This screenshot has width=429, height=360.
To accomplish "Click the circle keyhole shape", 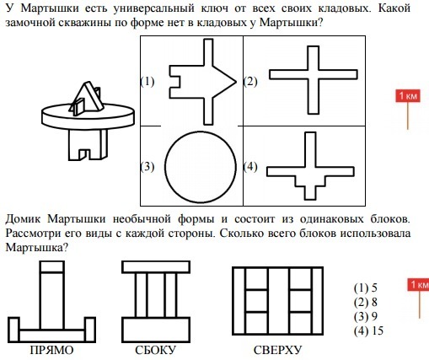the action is click(x=165, y=167).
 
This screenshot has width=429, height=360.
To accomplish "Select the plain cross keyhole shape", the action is click(x=314, y=74).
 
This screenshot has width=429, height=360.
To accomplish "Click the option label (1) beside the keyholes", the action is click(x=147, y=82).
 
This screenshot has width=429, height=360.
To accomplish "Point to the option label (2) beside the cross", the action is click(x=250, y=82).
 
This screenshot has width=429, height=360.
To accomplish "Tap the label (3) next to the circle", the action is click(x=147, y=167).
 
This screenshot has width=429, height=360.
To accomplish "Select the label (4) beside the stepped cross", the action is click(x=250, y=167).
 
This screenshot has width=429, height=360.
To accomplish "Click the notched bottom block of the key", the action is click(x=88, y=145).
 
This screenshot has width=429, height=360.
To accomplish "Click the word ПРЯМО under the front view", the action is click(x=51, y=350).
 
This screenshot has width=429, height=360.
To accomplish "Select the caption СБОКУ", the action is click(x=156, y=350).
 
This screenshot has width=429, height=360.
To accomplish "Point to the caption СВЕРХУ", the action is click(x=277, y=350).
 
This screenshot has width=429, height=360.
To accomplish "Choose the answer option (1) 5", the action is click(x=366, y=288).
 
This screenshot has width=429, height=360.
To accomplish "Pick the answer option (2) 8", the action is click(x=366, y=303).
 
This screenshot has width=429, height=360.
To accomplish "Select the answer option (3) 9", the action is click(x=366, y=317).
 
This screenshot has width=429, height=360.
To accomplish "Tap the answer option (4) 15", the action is click(x=368, y=331).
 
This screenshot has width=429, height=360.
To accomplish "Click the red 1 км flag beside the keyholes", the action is click(x=408, y=96).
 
